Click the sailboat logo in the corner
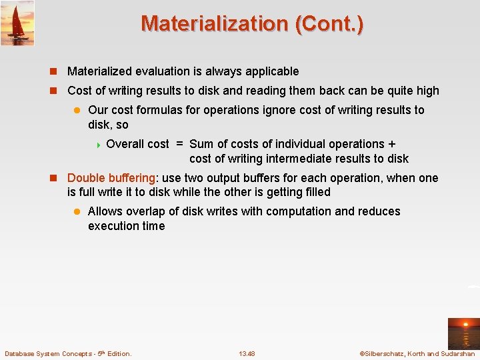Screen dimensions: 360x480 pos(17,23)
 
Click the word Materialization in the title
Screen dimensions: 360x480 pos(213,24)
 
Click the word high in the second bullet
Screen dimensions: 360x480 pos(426,91)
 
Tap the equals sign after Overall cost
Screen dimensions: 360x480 pos(179,144)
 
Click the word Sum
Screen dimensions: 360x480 pos(201,144)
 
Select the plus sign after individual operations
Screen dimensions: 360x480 pos(391,144)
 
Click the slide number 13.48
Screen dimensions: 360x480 pos(247,353)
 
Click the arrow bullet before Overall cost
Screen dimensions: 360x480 pos(99,144)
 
